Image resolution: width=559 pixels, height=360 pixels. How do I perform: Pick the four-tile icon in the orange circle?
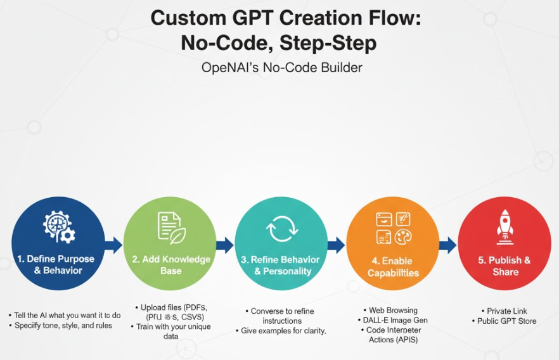pos(393,228)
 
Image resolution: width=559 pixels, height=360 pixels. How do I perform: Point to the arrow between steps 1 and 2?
pos(114,245)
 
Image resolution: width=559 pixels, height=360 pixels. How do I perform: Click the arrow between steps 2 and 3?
pos(225,245)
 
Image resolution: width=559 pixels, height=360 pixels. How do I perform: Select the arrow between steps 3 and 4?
pos(337,245)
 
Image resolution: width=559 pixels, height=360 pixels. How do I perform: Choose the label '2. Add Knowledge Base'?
pos(171,265)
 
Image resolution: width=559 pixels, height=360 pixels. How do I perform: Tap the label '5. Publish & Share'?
pos(505,266)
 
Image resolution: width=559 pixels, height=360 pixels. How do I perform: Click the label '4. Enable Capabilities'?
pos(393,267)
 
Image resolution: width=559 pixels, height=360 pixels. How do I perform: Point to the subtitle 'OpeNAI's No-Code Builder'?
pos(281,67)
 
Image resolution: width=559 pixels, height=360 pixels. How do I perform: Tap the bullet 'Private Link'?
pos(507,311)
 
